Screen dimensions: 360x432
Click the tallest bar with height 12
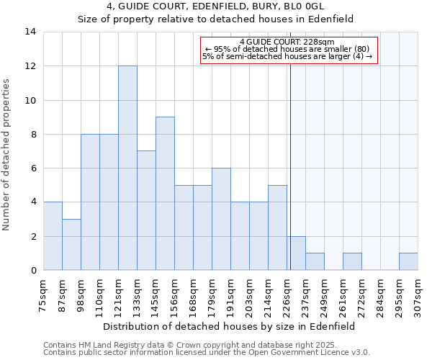(127, 168)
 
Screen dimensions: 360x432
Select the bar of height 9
(165, 194)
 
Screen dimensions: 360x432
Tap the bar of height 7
(146, 210)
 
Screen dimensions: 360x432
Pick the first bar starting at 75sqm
(53, 236)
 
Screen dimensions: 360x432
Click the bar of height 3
(71, 245)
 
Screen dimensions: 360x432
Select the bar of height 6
(221, 219)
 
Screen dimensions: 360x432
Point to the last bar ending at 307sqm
(408, 261)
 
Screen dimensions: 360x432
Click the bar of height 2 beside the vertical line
(296, 253)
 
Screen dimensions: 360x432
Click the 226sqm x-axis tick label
(287, 294)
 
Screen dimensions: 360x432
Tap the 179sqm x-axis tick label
(212, 294)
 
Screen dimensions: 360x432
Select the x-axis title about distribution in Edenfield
(230, 326)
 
